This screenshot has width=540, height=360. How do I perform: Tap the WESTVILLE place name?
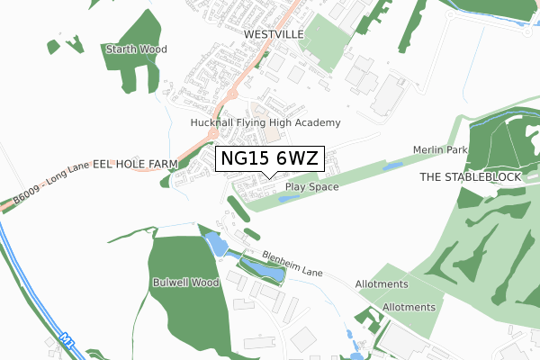coord(274,34)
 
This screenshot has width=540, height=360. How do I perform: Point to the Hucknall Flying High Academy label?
coord(265,122)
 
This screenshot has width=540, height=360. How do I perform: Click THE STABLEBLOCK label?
coord(471,178)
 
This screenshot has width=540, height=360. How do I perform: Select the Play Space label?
coord(311,187)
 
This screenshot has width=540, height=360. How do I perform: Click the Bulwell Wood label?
coord(186,282)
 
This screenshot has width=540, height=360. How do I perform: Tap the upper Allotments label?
coord(382,283)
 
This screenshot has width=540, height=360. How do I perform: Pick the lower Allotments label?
coord(409,307)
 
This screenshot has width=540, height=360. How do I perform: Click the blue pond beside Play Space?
coord(289,198)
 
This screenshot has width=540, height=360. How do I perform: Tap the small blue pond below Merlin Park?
coord(393,166)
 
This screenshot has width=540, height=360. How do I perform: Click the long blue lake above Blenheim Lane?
coord(259,269)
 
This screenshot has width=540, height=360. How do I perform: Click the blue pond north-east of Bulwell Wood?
coord(215,243)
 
